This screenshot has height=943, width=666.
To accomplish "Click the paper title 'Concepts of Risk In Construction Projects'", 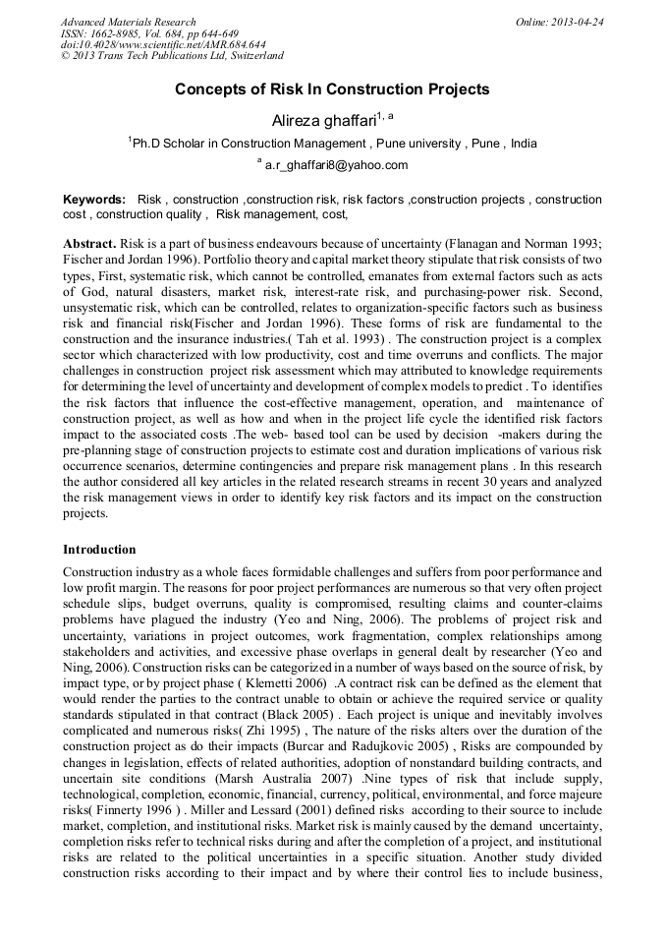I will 332,89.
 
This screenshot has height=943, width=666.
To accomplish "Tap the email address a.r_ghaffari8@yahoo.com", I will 336,165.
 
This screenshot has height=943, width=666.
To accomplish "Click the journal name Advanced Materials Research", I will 128,22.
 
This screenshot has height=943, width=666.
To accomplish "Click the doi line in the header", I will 163,45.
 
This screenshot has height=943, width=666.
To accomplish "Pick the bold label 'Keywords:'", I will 94,200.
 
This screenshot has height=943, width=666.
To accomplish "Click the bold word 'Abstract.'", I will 90,243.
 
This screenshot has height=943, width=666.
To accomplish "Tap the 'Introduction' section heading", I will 99,549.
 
